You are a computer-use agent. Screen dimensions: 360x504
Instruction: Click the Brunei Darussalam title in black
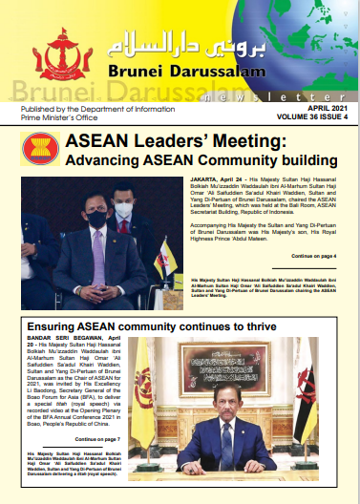(x=192, y=72)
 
